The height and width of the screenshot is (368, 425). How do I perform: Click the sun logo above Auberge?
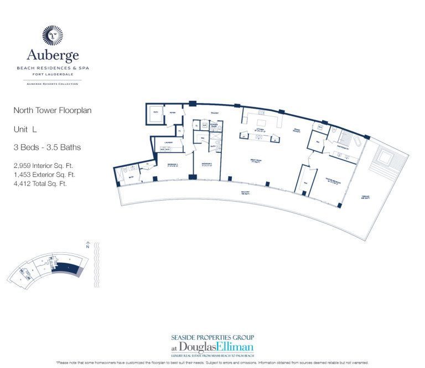(53, 35)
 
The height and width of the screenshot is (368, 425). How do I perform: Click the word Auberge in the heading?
(53, 55)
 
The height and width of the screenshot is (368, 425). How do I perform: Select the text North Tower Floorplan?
(53, 110)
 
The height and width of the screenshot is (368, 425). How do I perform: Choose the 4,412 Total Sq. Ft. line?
(40, 183)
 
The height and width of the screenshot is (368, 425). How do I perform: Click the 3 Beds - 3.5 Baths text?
(47, 147)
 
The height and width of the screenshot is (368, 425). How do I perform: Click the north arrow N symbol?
(88, 246)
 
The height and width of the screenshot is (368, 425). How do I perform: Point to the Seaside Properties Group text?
(212, 337)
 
